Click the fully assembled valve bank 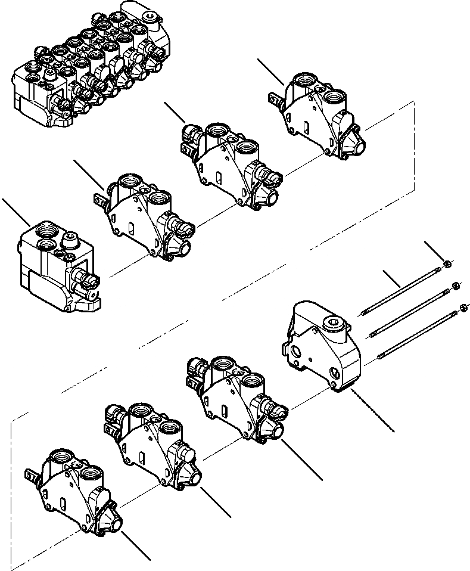(89, 66)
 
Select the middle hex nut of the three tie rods (456, 285)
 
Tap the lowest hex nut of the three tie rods (463, 308)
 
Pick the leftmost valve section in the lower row (74, 489)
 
